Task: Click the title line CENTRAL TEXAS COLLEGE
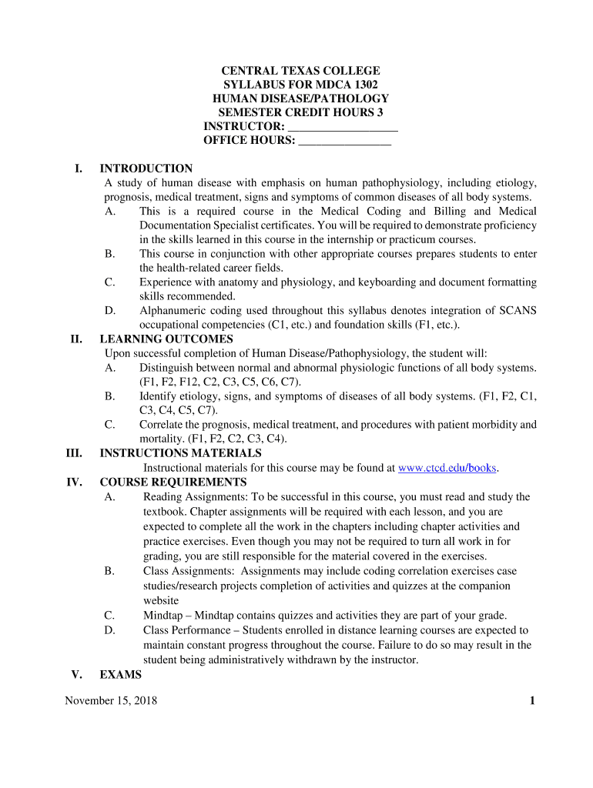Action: coord(300,71)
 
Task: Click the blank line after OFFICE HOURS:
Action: coord(344,141)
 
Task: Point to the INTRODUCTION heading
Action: coord(146,169)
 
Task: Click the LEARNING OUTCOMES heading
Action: coord(166,339)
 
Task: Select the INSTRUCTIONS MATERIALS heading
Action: coord(180,453)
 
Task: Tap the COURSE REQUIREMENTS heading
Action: coord(173,482)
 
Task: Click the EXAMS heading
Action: coord(121,674)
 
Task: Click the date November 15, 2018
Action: coord(111,700)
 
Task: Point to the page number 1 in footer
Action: coord(532,700)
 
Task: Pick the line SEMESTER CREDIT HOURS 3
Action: coord(300,112)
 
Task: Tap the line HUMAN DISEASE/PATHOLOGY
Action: coord(300,98)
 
